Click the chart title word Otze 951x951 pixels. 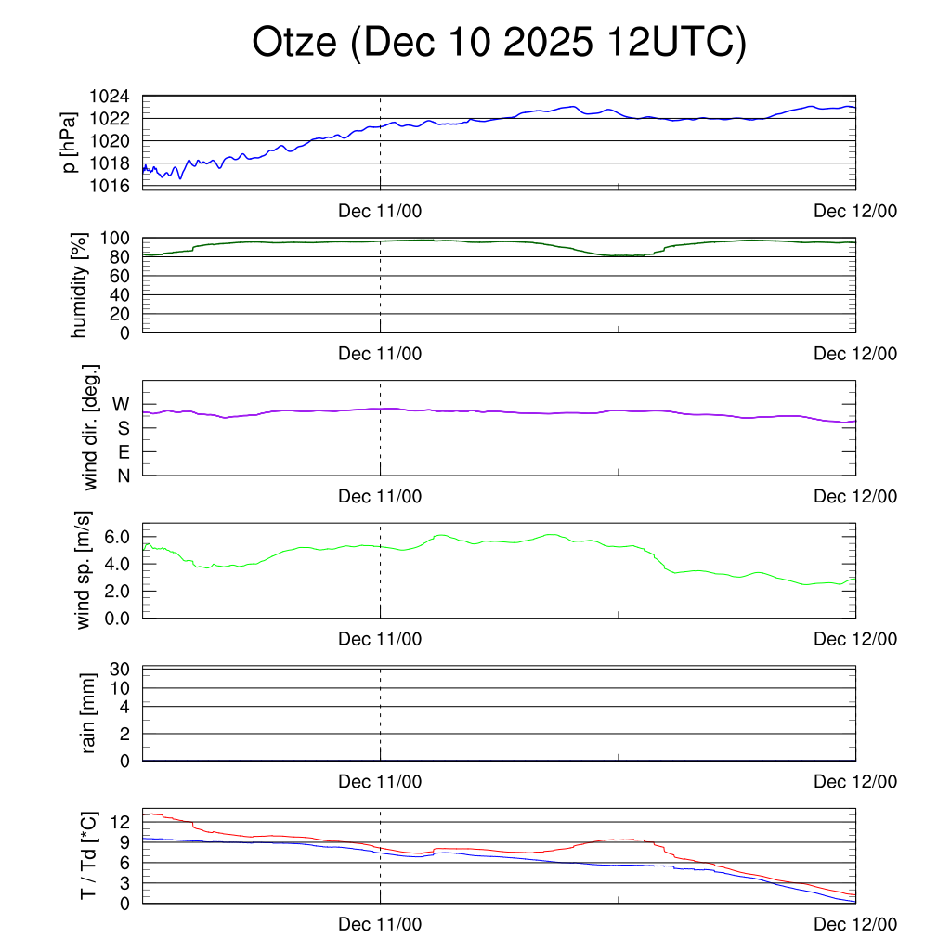click(294, 44)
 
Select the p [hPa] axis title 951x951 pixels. click(70, 141)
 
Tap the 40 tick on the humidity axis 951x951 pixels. click(122, 294)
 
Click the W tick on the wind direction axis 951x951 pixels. click(121, 405)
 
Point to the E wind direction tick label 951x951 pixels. click(123, 452)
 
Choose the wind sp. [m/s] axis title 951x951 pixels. click(85, 569)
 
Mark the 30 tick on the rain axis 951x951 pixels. click(121, 669)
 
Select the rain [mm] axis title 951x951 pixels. click(89, 713)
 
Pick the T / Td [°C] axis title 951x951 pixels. click(88, 854)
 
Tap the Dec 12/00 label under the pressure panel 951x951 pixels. click(855, 212)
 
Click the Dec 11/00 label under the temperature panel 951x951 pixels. click(380, 925)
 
